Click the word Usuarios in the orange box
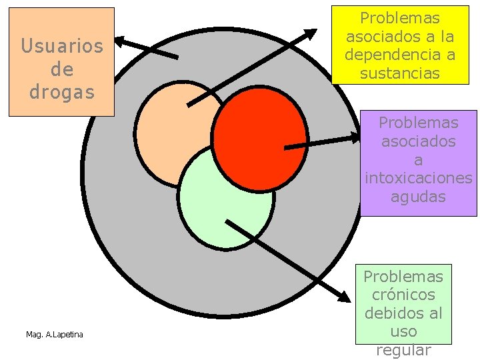pyautogui.click(x=62, y=46)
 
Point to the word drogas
pyautogui.click(x=62, y=92)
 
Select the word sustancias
pyautogui.click(x=400, y=73)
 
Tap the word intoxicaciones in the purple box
pyautogui.click(x=419, y=179)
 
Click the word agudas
pyautogui.click(x=418, y=197)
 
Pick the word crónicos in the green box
pyautogui.click(x=403, y=295)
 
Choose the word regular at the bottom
pyautogui.click(x=403, y=350)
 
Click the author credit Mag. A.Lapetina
pyautogui.click(x=55, y=334)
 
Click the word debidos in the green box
pyautogui.click(x=403, y=313)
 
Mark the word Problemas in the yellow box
pyautogui.click(x=400, y=19)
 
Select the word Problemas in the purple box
pyautogui.click(x=419, y=123)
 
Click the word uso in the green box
pyautogui.click(x=403, y=331)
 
